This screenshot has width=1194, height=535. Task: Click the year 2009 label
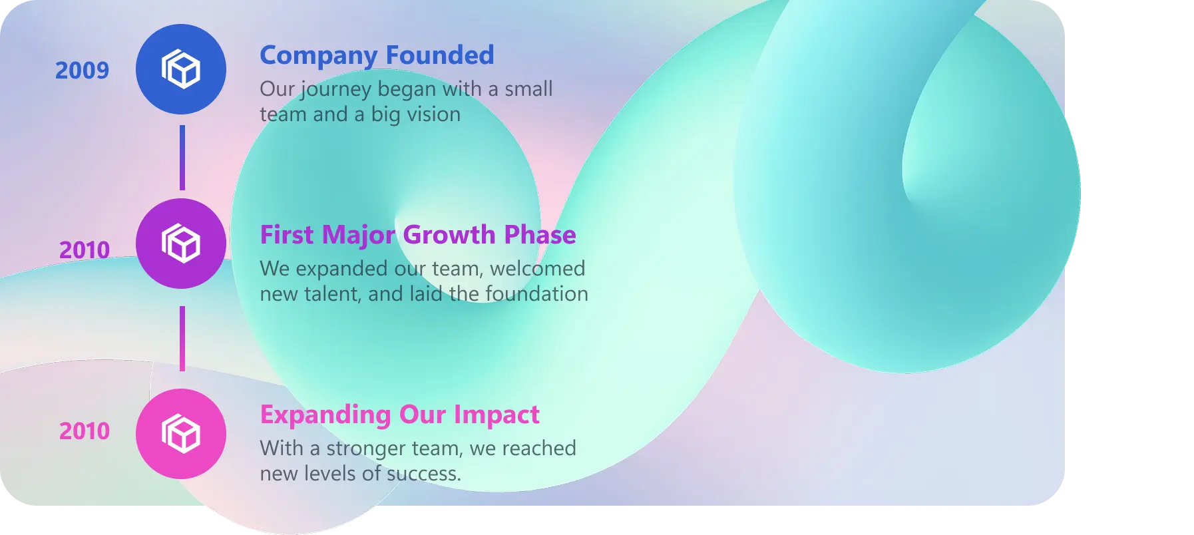pyautogui.click(x=82, y=71)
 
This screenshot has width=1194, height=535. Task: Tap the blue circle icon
pyautogui.click(x=181, y=69)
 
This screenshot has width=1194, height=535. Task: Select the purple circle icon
pyautogui.click(x=181, y=244)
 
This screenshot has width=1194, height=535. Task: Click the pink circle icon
pyautogui.click(x=181, y=434)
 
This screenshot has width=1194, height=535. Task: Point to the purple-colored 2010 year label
pyautogui.click(x=85, y=250)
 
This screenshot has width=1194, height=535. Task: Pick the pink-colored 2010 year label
pyautogui.click(x=85, y=431)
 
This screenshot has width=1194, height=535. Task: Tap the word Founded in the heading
pyautogui.click(x=440, y=55)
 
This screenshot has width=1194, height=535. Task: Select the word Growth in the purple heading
pyautogui.click(x=449, y=235)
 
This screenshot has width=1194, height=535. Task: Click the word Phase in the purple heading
pyautogui.click(x=540, y=235)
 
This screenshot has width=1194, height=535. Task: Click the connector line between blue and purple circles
pyautogui.click(x=182, y=158)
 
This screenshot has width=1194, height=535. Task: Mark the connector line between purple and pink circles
pyautogui.click(x=182, y=339)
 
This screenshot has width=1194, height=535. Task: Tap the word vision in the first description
pyautogui.click(x=434, y=114)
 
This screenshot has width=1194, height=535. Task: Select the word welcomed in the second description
pyautogui.click(x=538, y=268)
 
